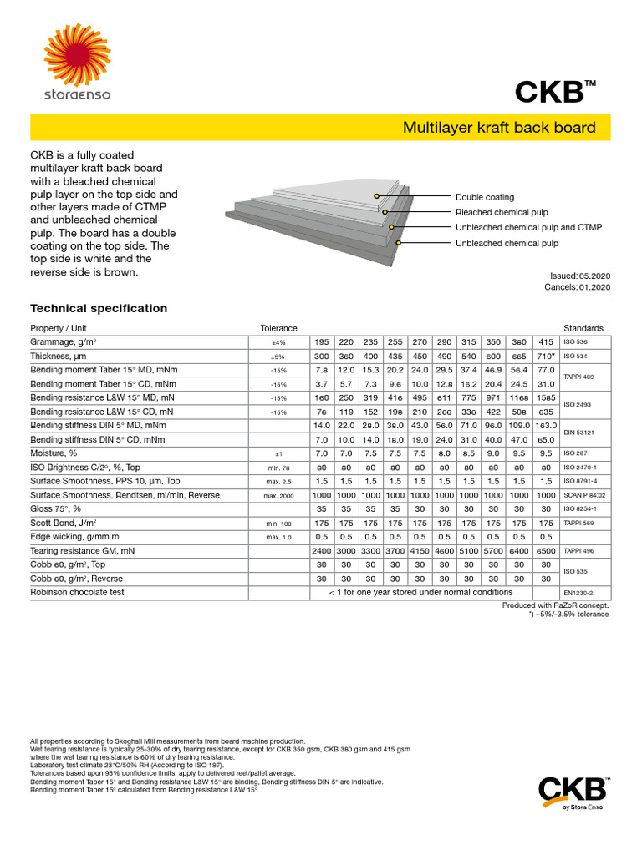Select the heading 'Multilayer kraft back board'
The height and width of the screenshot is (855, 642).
click(x=499, y=128)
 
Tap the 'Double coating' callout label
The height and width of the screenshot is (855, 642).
click(x=485, y=197)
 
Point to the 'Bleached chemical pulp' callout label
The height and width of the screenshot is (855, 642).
click(x=502, y=212)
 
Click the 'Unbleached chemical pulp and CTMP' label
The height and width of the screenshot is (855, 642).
click(x=528, y=227)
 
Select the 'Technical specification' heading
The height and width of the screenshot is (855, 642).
click(x=99, y=308)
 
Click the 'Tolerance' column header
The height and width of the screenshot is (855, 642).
click(x=278, y=328)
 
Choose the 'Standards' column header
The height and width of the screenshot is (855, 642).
click(x=583, y=328)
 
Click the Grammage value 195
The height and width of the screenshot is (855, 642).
click(x=322, y=342)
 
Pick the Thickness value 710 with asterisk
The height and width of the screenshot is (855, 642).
click(x=546, y=357)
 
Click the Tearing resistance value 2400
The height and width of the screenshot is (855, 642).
click(x=322, y=552)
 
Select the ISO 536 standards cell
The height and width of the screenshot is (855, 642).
click(x=576, y=342)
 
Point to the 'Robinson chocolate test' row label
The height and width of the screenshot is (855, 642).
click(x=77, y=592)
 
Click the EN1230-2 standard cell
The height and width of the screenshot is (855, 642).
click(x=578, y=592)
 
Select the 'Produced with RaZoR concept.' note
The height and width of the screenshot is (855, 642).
click(x=556, y=605)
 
